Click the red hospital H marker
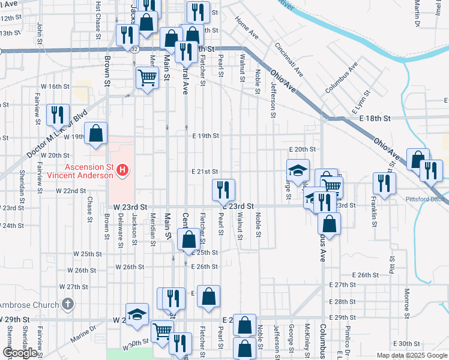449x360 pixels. coord(122,171)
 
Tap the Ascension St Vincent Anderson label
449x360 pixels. coord(80,171)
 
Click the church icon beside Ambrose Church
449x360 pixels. coord(67,304)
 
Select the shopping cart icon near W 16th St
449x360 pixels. coord(147,77)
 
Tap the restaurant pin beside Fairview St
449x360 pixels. coord(57,113)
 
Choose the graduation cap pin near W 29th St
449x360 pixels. coord(137,314)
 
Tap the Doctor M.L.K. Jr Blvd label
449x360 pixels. coord(56,134)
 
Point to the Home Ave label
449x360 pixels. coord(247,28)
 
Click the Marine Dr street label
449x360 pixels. coord(85,332)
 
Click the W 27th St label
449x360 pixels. coord(73,287)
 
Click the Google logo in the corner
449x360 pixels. coord(20,353)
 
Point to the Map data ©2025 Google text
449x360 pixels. coord(412,355)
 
